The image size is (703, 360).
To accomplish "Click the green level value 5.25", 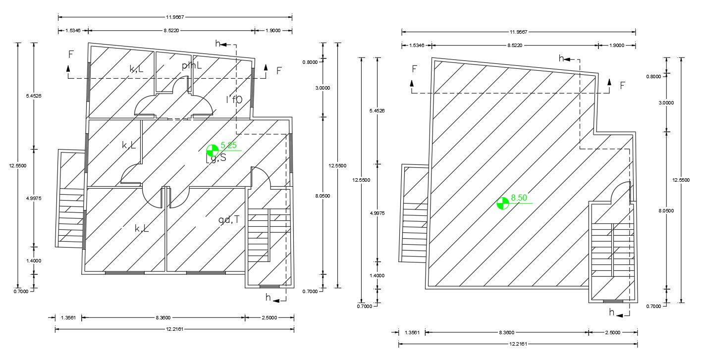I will click(x=228, y=145).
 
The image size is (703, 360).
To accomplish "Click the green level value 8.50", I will click(x=519, y=198).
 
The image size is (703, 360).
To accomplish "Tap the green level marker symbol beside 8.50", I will click(x=502, y=204).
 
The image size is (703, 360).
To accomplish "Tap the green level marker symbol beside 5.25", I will click(x=212, y=151).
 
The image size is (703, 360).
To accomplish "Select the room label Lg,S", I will click(x=216, y=158).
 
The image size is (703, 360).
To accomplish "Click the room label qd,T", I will click(x=229, y=219).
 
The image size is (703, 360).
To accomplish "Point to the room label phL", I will click(x=192, y=66).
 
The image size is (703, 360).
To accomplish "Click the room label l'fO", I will click(x=234, y=100).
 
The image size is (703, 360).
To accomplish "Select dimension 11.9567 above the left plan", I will click(x=175, y=17).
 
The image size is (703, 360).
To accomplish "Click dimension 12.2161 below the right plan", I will click(x=518, y=344).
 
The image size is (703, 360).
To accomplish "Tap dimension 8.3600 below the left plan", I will click(x=163, y=317).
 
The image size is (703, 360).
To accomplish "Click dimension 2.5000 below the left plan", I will click(x=269, y=317).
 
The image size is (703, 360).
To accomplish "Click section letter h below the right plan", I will click(x=612, y=312).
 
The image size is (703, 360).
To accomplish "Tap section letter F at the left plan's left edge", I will click(x=71, y=54).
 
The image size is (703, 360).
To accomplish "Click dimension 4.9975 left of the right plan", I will click(x=377, y=213).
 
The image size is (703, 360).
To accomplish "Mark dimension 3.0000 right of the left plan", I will click(x=324, y=88).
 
